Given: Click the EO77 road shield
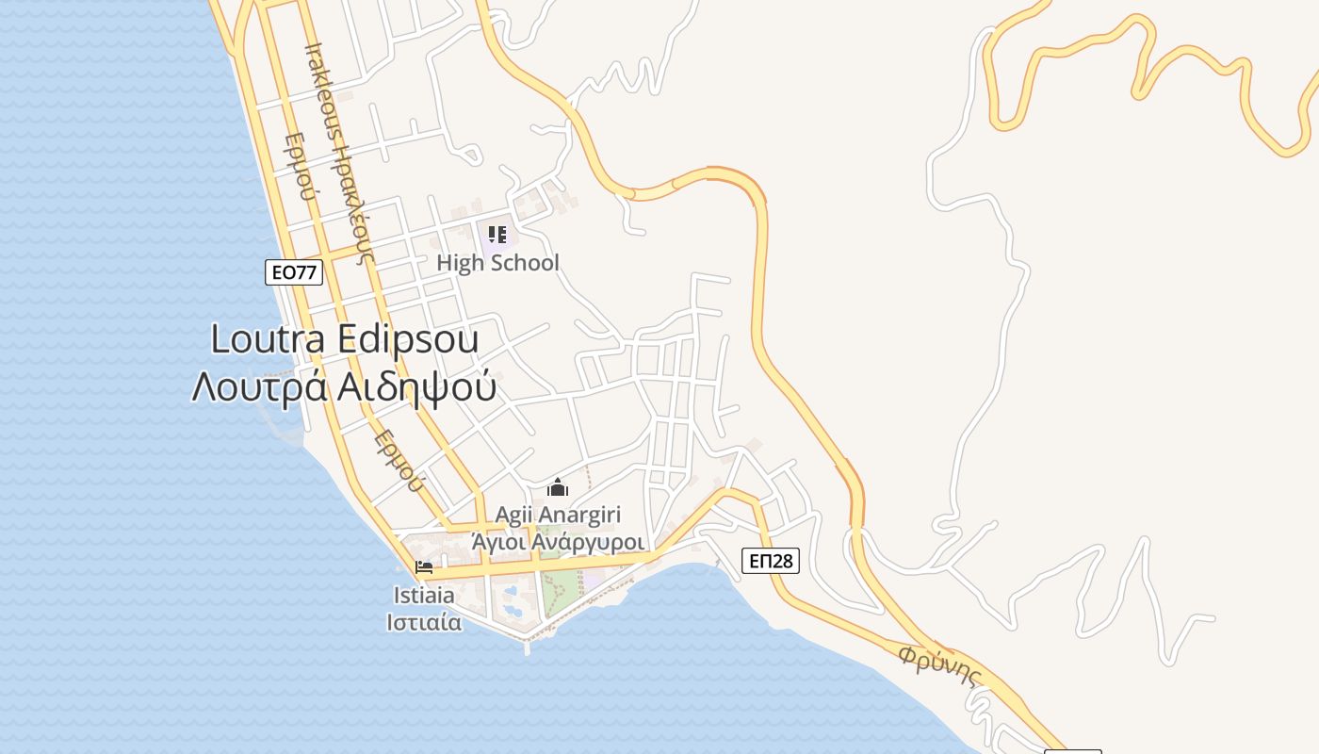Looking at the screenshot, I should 294,272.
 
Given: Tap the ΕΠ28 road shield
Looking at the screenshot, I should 770,561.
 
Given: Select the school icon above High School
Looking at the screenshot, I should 497,235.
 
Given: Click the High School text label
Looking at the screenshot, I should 497,263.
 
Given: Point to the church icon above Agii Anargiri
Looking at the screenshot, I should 558,487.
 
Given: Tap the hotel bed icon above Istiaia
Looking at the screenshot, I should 424,567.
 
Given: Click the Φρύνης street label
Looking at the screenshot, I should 939,665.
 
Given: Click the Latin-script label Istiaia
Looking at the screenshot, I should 424,596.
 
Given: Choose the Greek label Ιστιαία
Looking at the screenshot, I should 424,622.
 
